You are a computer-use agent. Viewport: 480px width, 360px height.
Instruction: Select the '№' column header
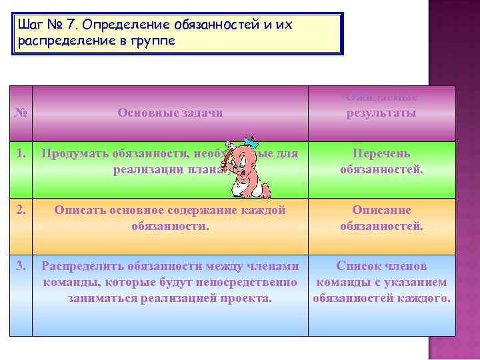click(22, 113)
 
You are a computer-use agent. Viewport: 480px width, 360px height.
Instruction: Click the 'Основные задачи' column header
click(170, 113)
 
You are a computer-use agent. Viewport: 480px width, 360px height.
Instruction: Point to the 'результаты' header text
click(381, 113)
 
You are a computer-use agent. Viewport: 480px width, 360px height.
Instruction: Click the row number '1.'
click(23, 153)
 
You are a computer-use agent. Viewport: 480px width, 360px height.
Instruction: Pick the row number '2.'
click(23, 210)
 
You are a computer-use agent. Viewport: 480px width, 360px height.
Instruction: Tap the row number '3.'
click(23, 267)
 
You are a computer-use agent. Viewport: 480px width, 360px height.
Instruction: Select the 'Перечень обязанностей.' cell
click(381, 161)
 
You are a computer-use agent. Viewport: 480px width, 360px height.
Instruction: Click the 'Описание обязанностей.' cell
click(381, 218)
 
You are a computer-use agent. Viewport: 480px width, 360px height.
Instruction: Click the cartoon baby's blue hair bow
click(251, 143)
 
